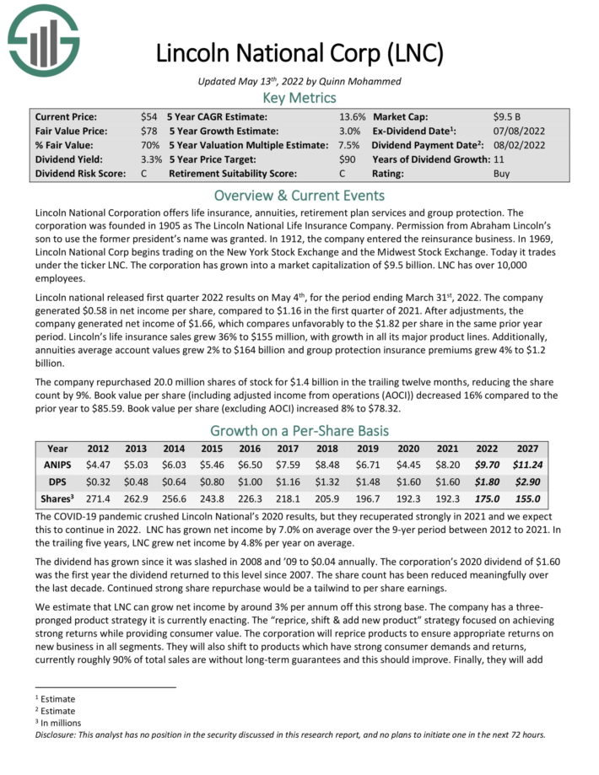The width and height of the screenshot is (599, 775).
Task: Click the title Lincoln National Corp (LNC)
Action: tap(299, 54)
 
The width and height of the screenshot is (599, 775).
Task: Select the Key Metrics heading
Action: tap(299, 99)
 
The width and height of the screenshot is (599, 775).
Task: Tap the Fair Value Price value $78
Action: tap(150, 131)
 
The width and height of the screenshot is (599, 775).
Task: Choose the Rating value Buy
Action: tap(501, 174)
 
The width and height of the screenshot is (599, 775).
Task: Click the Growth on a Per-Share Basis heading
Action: tap(299, 429)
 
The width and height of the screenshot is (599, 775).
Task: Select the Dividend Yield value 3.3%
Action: tap(150, 159)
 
